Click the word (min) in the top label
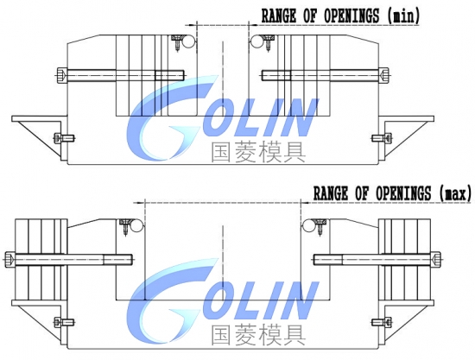click(x=403, y=16)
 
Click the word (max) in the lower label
click(x=455, y=193)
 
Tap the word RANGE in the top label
click(x=279, y=16)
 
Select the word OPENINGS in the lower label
click(x=403, y=193)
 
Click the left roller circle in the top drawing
click(x=190, y=41)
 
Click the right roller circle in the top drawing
click(x=256, y=41)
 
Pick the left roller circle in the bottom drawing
click(x=138, y=226)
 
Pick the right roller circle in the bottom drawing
click(x=308, y=226)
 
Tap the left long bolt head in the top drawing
click(x=61, y=75)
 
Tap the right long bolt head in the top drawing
click(x=383, y=75)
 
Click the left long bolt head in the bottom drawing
click(x=10, y=259)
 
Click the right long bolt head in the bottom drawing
click(x=435, y=259)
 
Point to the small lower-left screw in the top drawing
click(x=64, y=138)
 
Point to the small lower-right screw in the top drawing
click(x=382, y=138)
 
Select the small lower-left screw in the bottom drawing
click(x=64, y=323)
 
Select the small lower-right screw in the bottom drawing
click(x=382, y=323)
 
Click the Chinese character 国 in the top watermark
click(x=220, y=152)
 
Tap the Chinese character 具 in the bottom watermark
click(x=294, y=336)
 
